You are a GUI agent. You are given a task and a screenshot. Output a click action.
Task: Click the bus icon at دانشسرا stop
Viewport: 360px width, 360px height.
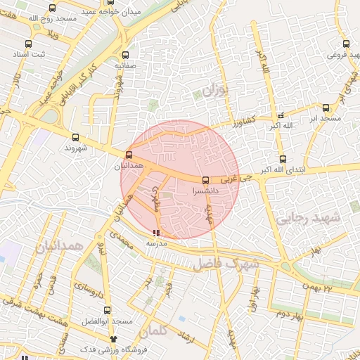click(205, 179)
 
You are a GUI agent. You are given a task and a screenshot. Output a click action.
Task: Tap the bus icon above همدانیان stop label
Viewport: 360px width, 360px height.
click(128, 155)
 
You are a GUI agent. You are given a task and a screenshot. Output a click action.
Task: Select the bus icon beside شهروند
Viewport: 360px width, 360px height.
click(76, 137)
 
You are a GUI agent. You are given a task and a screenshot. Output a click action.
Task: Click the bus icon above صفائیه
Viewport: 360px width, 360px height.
click(125, 55)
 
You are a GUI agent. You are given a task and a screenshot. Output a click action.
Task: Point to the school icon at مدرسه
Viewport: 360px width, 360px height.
click(155, 233)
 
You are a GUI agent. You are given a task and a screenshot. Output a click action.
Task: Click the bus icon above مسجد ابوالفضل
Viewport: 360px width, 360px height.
click(108, 310)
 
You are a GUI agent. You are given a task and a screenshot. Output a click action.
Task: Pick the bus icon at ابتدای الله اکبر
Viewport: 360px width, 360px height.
click(283, 159)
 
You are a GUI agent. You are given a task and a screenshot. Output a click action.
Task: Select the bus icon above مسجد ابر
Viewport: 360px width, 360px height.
click(326, 108)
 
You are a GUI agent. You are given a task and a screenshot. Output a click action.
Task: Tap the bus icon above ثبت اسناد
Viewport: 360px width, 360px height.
click(34, 41)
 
